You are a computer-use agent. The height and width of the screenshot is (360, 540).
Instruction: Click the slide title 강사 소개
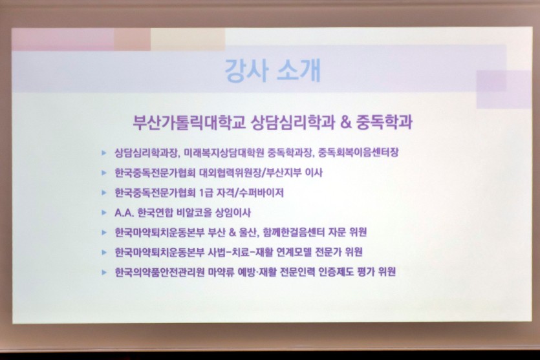(x=273, y=71)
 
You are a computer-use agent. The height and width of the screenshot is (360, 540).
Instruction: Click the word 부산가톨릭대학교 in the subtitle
(x=189, y=122)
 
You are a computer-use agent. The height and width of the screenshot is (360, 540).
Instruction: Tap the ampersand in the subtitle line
(x=346, y=122)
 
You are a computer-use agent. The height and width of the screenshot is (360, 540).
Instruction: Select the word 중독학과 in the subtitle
(x=385, y=122)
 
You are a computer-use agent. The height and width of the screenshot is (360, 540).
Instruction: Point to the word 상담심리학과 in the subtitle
(x=293, y=122)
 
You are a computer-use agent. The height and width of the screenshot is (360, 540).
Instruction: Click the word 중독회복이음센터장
(x=358, y=152)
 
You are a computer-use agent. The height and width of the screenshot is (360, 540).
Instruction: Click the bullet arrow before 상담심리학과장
(x=103, y=153)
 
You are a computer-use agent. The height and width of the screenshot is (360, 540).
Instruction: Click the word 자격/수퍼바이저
(x=250, y=193)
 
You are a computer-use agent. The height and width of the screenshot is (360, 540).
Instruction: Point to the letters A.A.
(x=124, y=213)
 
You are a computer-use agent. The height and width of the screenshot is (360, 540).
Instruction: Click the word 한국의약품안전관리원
(x=160, y=272)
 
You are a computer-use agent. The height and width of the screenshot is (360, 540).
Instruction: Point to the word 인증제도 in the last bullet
(x=336, y=272)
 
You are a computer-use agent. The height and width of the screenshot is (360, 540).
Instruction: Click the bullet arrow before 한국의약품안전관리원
(x=103, y=273)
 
